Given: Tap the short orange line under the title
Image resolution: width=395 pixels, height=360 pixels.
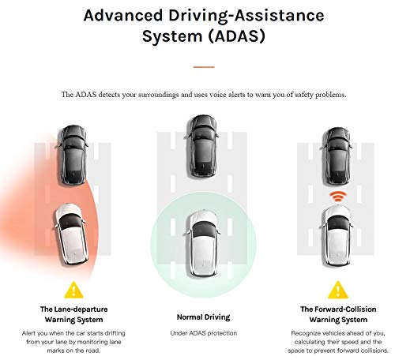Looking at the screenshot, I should click(x=204, y=66).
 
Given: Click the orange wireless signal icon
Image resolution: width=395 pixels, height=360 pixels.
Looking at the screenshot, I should click(x=337, y=195).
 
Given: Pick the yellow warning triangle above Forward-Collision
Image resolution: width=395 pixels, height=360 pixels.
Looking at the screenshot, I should click(x=338, y=290).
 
